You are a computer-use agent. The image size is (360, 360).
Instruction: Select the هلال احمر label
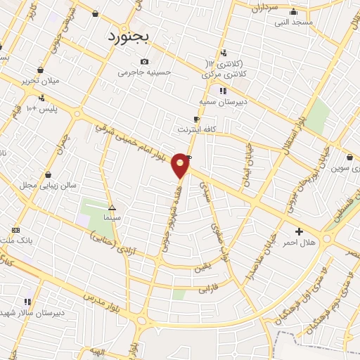pos(299,243)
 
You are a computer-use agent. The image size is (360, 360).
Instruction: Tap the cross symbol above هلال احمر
pos(300,231)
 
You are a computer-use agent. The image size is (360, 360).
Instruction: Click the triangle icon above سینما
pos(112,207)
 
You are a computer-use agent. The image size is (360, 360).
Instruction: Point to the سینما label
pos(112,219)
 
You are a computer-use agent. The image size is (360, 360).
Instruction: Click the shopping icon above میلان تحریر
pos(41,70)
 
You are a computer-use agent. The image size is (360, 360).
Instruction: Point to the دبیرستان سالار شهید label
pos(33,312)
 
